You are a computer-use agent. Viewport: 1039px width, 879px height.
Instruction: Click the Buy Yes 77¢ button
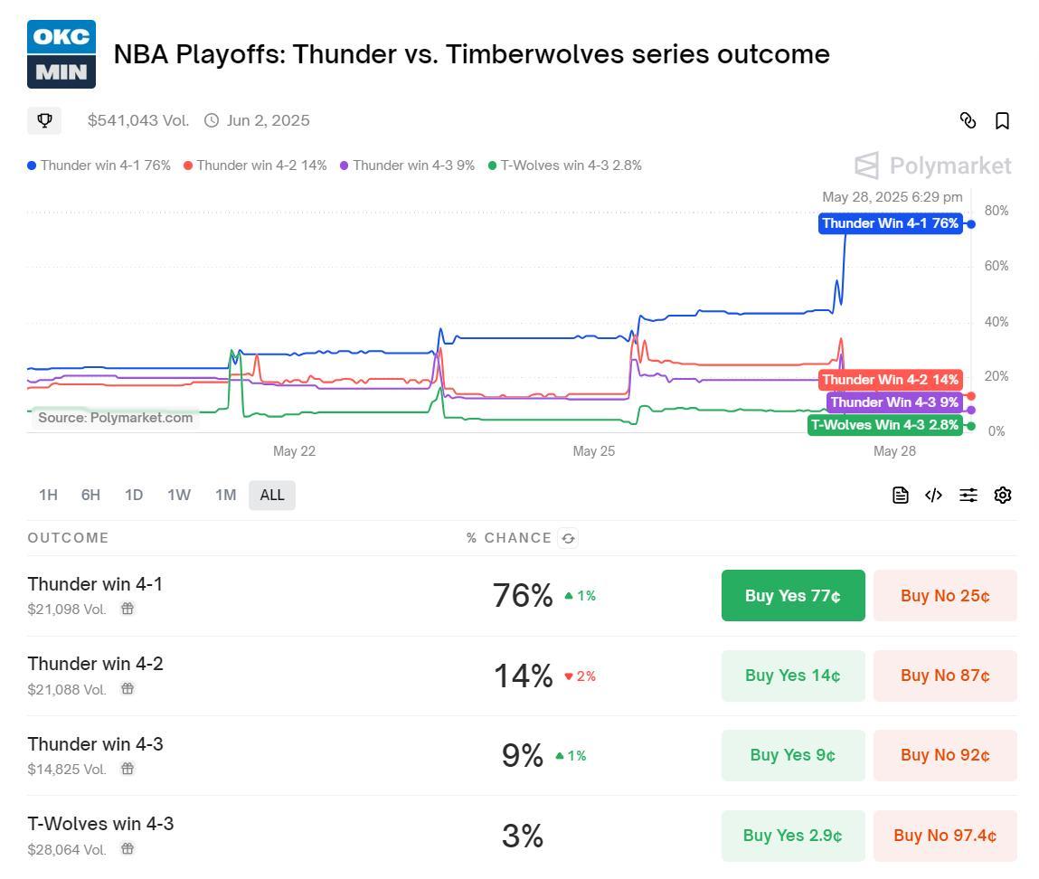pyautogui.click(x=793, y=596)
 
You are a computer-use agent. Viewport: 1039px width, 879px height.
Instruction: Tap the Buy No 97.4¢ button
pyautogui.click(x=945, y=836)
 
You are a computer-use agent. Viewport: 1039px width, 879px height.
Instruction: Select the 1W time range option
pyautogui.click(x=179, y=495)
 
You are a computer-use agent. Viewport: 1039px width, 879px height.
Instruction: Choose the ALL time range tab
pyautogui.click(x=272, y=495)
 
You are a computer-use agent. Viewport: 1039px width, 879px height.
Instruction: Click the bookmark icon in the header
pyautogui.click(x=1002, y=121)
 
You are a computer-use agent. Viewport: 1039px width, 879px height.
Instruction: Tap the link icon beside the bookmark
pyautogui.click(x=968, y=121)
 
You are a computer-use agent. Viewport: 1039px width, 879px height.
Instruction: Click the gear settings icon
pyautogui.click(x=1002, y=495)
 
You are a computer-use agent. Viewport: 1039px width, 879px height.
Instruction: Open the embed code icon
pyautogui.click(x=933, y=495)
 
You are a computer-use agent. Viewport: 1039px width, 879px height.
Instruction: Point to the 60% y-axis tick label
pyautogui.click(x=996, y=266)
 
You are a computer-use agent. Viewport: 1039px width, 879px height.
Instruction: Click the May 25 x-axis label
pyautogui.click(x=593, y=451)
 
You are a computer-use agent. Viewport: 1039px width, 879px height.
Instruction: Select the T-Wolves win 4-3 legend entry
pyautogui.click(x=565, y=165)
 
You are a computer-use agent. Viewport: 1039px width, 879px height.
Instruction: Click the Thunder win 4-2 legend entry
pyautogui.click(x=255, y=165)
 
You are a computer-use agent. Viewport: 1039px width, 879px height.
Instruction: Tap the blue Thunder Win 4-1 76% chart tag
pyautogui.click(x=890, y=223)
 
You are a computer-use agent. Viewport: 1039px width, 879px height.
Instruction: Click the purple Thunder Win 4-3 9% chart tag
pyautogui.click(x=894, y=402)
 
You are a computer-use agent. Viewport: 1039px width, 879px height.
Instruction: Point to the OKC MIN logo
pyautogui.click(x=61, y=54)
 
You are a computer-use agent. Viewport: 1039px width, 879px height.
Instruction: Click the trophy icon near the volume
pyautogui.click(x=44, y=120)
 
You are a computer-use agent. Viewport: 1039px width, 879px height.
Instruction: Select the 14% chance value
pyautogui.click(x=523, y=676)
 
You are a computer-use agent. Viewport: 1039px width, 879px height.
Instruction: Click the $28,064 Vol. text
pyautogui.click(x=67, y=850)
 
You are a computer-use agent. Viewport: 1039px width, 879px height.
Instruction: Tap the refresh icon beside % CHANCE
pyautogui.click(x=568, y=538)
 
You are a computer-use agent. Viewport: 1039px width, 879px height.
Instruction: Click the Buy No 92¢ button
pyautogui.click(x=945, y=755)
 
